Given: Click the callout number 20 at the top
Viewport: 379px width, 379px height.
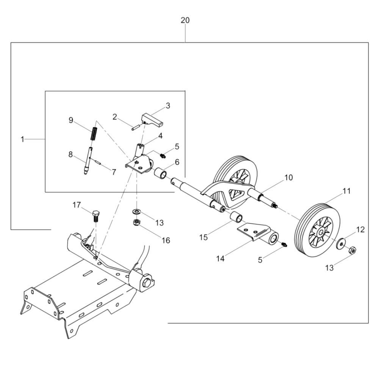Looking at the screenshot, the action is (x=185, y=20).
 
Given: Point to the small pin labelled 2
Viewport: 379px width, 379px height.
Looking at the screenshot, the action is (x=135, y=127).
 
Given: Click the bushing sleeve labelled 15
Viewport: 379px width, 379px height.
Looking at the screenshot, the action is (x=236, y=217).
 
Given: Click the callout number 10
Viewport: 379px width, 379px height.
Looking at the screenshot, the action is (x=288, y=178).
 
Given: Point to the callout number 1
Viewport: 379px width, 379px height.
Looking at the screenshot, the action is (x=22, y=139).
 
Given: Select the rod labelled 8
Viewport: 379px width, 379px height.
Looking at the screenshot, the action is (x=88, y=161).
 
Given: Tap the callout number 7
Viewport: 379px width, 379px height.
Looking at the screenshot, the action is (x=114, y=172).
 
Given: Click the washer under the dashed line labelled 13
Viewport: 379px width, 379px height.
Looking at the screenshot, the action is (x=137, y=212).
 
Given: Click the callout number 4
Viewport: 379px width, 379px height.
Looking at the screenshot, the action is (x=160, y=136).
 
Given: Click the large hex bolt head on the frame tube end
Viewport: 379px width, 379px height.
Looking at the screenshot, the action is (x=147, y=282).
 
